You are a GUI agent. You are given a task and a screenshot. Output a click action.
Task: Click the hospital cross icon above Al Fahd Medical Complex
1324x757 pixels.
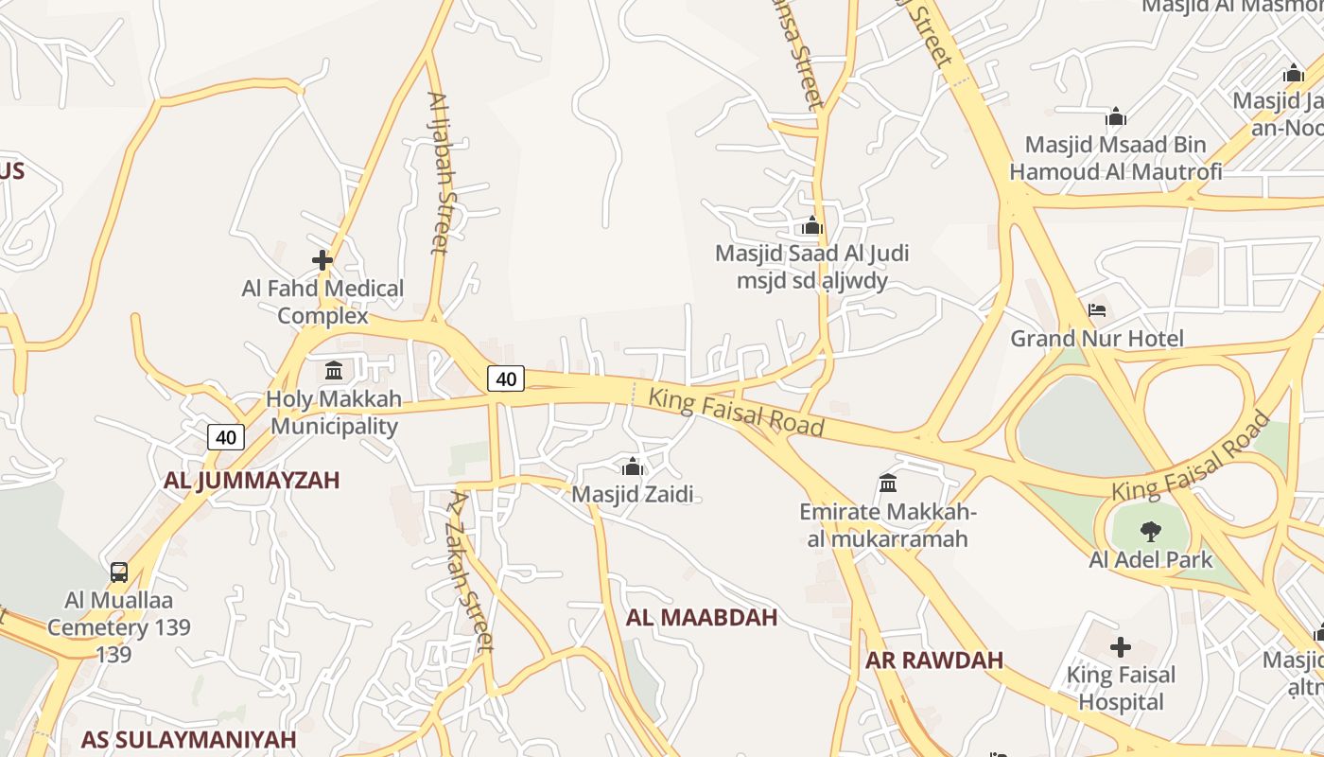click(x=322, y=259)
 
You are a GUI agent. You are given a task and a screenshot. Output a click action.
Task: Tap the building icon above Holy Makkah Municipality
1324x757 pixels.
click(x=334, y=370)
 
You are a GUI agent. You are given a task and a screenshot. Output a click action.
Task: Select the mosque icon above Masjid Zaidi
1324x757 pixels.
click(x=633, y=467)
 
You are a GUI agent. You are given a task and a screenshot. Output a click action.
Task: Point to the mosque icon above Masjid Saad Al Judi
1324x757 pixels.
click(x=811, y=226)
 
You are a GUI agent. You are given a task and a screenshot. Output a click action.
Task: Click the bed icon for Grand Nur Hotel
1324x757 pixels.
click(x=1097, y=310)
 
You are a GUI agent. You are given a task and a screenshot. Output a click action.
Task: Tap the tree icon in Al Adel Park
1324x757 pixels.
click(x=1150, y=531)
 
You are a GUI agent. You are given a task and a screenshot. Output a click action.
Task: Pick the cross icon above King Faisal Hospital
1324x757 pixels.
click(x=1121, y=647)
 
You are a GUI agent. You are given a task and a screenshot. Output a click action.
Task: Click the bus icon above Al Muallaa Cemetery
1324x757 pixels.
click(x=119, y=572)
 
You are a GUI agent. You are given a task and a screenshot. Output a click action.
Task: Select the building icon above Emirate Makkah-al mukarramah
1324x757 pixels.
click(x=888, y=484)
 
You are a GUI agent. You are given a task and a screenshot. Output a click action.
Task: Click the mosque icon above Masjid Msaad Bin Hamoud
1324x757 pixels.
click(x=1116, y=117)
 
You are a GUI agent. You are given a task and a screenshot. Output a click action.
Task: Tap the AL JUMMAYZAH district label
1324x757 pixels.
click(x=252, y=481)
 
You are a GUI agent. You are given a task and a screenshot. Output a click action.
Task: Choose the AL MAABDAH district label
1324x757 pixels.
click(x=702, y=618)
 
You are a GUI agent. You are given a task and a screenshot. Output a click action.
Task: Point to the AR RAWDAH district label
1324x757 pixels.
click(x=934, y=660)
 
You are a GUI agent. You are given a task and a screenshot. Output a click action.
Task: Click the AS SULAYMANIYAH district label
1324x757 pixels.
click(x=188, y=739)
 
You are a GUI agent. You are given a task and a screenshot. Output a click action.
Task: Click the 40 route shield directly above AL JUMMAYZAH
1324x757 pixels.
click(x=226, y=437)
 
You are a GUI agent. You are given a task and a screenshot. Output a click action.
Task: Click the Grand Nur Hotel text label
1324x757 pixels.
click(x=1097, y=339)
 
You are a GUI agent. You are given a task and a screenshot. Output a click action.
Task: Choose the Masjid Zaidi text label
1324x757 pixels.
click(x=633, y=494)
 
